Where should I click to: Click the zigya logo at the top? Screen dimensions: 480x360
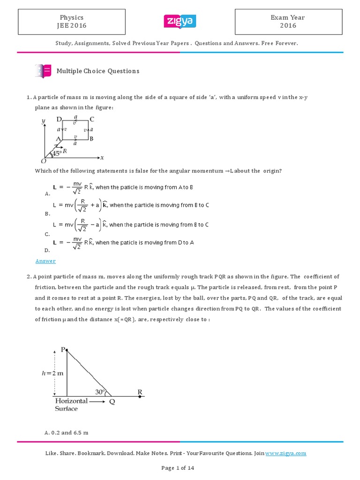click(180, 22)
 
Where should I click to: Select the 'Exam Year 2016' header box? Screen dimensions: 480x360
click(288, 22)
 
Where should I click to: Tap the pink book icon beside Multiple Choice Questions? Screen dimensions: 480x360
click(43, 71)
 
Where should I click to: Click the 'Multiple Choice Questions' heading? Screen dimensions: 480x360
click(98, 71)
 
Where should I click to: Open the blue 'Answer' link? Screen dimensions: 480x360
click(45, 261)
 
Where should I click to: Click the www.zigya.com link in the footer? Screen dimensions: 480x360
click(285, 453)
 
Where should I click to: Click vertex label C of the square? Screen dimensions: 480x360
click(92, 119)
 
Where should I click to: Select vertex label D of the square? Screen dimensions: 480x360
click(60, 119)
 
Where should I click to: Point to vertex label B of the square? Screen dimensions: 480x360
click(91, 139)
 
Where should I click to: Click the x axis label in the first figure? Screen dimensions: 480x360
click(102, 157)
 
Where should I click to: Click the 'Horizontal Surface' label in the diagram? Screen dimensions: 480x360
click(71, 405)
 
